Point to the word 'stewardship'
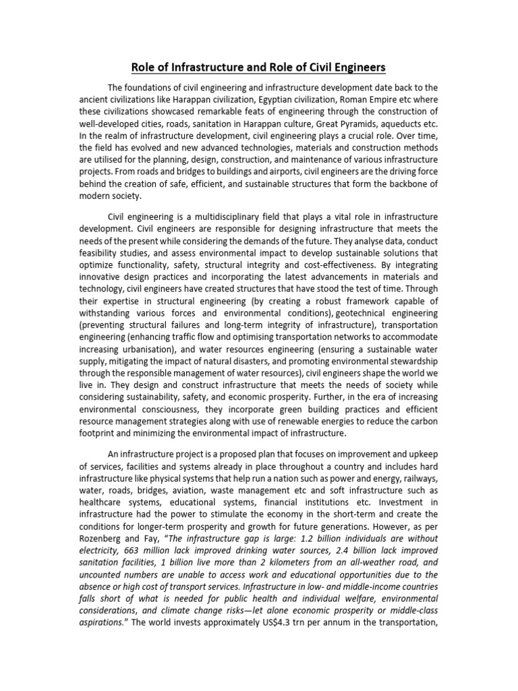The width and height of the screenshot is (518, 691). click(x=413, y=362)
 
